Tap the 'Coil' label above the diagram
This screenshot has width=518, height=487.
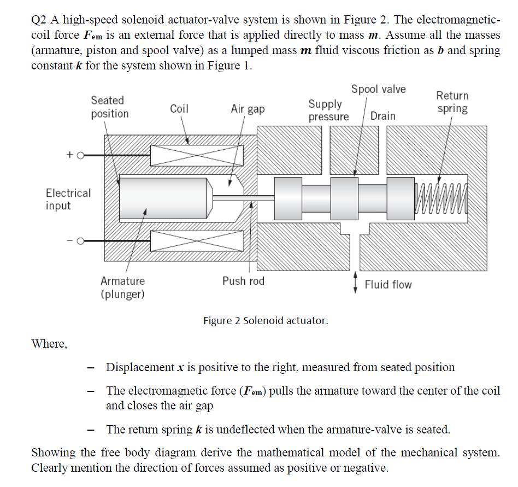point(179,109)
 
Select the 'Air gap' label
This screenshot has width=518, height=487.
point(248,109)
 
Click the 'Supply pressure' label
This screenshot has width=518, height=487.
point(328,110)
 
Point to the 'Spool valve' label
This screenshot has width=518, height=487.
point(378,89)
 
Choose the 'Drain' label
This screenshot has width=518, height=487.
point(382,116)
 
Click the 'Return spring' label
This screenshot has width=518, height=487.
point(452,102)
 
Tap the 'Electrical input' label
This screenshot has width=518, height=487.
point(68,199)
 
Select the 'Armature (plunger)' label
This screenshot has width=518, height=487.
point(122,287)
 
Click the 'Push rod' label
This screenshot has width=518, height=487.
point(243,281)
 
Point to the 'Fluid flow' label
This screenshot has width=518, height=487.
point(388,284)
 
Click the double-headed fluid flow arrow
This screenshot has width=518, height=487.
point(356,283)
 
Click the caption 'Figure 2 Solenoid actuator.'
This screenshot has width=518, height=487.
point(266,320)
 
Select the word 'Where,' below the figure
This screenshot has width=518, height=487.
point(49,344)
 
